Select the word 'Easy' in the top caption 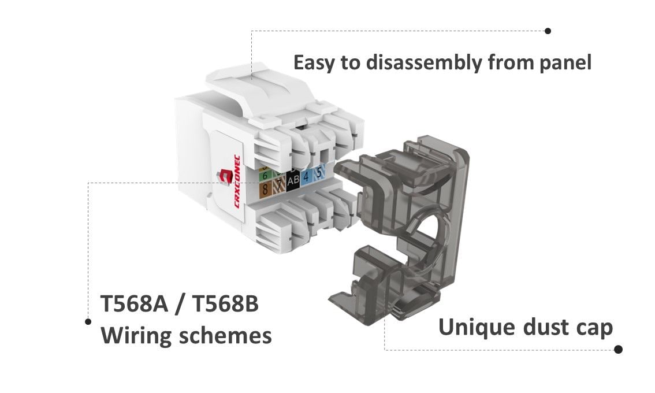[315, 62]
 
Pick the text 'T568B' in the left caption [225, 304]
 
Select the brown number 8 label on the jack [265, 188]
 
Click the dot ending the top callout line [548, 31]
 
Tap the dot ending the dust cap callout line [618, 349]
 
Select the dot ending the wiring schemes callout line [88, 321]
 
